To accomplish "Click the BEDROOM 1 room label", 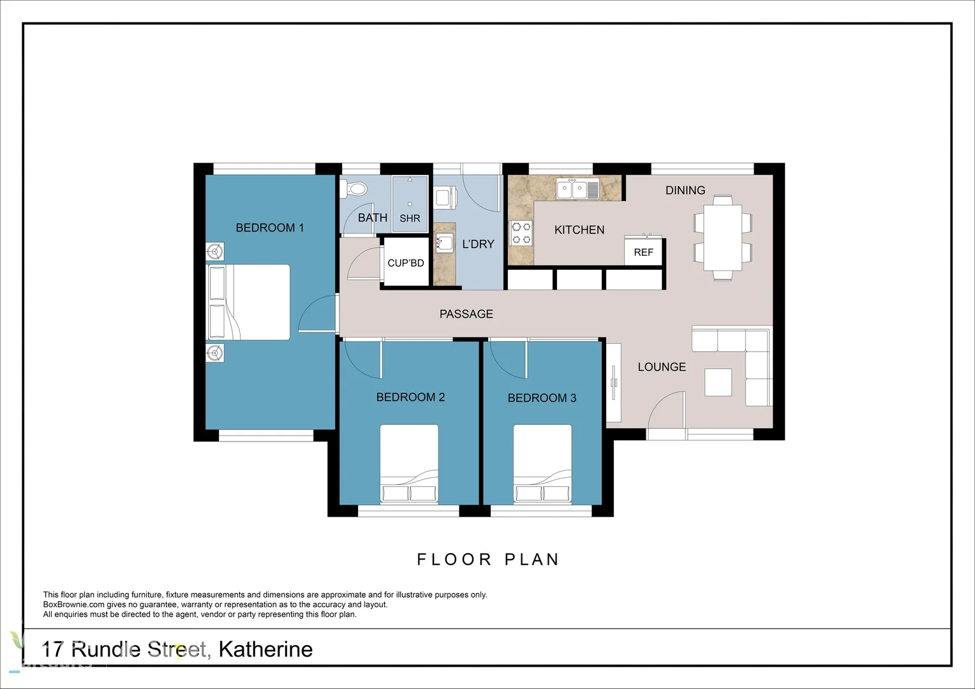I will tap(269, 228).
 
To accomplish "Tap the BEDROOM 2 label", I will tap(410, 397).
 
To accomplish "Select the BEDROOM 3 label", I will tap(542, 398).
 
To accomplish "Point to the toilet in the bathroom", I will tap(354, 189).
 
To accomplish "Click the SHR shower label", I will tap(410, 218).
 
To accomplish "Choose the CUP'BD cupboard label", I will tap(406, 263).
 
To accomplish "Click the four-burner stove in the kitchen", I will tap(521, 233).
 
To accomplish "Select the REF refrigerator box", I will tap(643, 252).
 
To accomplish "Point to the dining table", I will tap(722, 237).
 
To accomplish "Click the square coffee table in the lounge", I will tap(718, 382).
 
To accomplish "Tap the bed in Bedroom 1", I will tap(249, 302).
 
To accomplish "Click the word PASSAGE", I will tap(466, 314).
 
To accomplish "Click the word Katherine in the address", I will tap(265, 649).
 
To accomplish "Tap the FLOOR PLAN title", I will tap(488, 559).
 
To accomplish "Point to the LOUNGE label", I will tap(662, 367).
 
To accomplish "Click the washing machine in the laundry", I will tap(445, 196).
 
